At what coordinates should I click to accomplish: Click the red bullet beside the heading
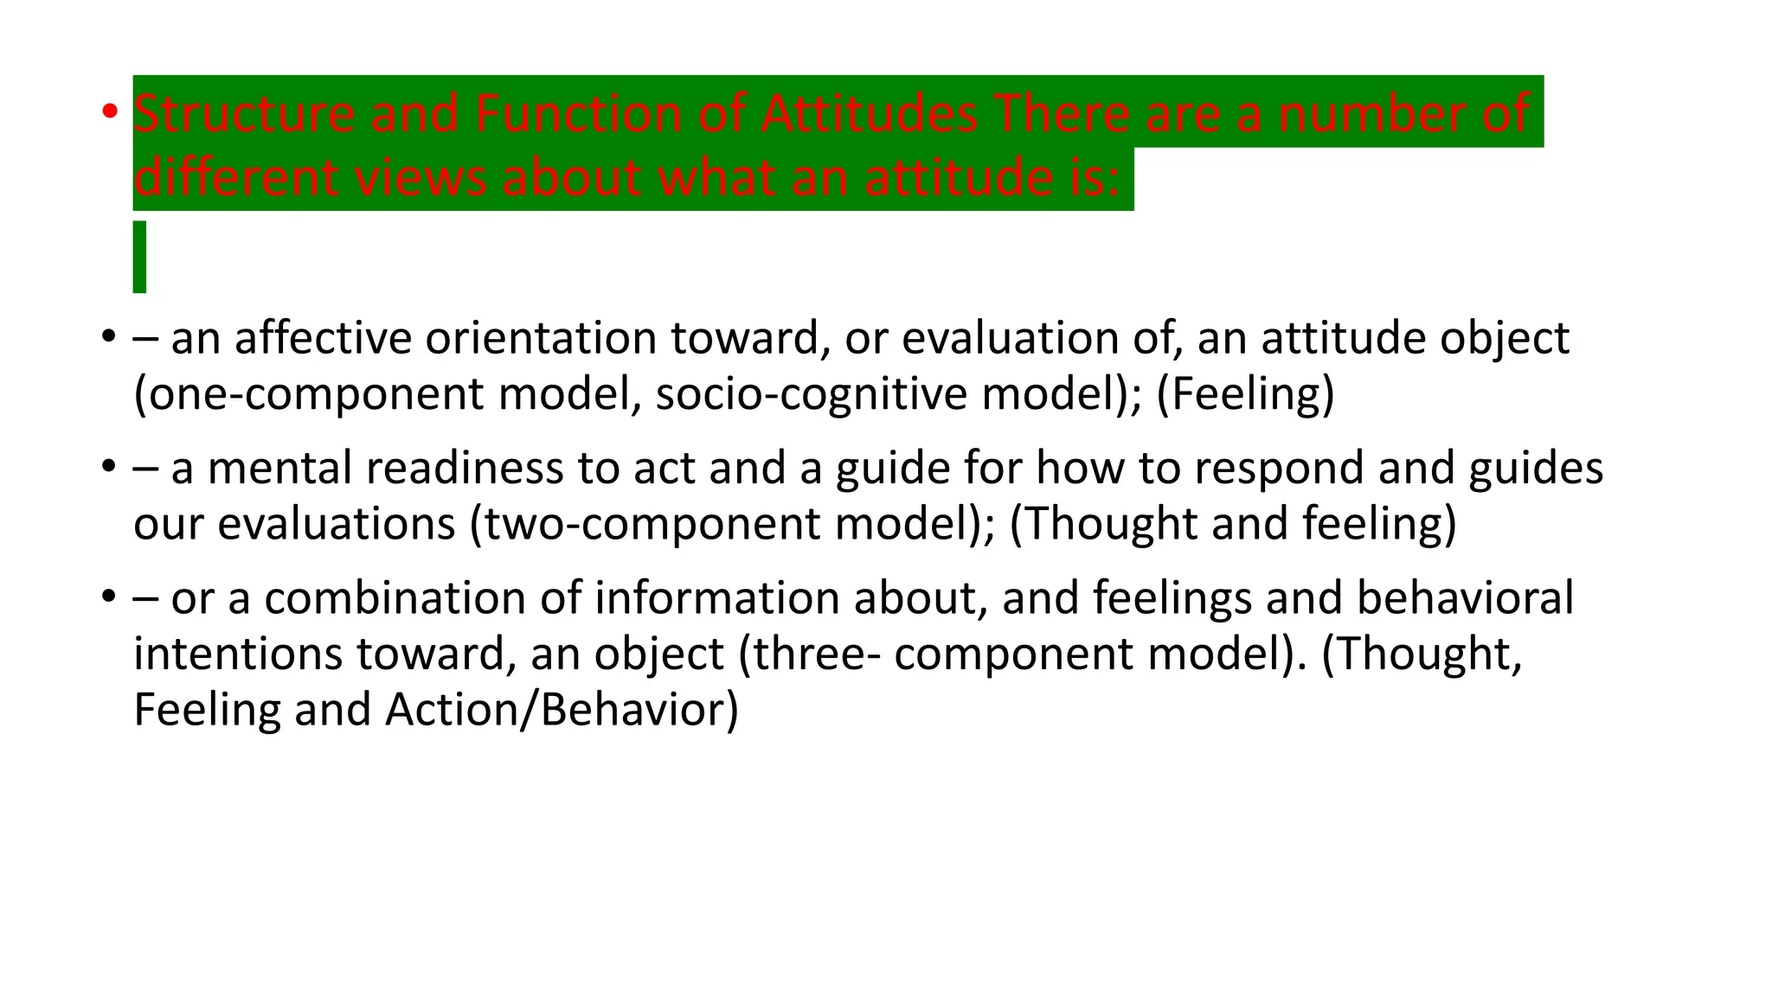tap(109, 112)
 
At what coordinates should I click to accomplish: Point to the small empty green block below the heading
tap(139, 257)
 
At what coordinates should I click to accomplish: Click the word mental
tap(279, 468)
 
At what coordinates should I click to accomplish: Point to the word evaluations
tap(336, 524)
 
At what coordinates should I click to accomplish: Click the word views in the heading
tap(420, 177)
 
